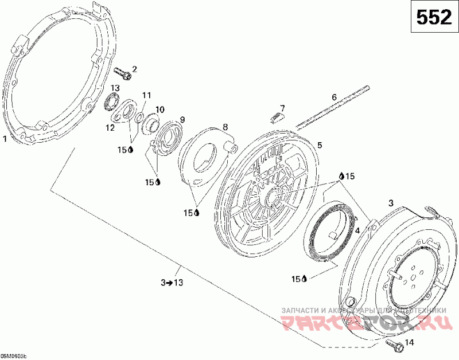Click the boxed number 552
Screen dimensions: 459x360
(433, 18)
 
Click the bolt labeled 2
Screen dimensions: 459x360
(122, 73)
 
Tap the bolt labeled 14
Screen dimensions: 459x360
(394, 344)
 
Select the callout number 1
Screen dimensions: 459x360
(5, 138)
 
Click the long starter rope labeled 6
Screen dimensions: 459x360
(333, 108)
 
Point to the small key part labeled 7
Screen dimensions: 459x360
(276, 117)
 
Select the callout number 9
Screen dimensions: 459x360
(225, 126)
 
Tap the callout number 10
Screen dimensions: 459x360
(182, 119)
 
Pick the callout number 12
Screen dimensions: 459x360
(146, 95)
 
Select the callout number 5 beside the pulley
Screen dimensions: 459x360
(115, 88)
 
